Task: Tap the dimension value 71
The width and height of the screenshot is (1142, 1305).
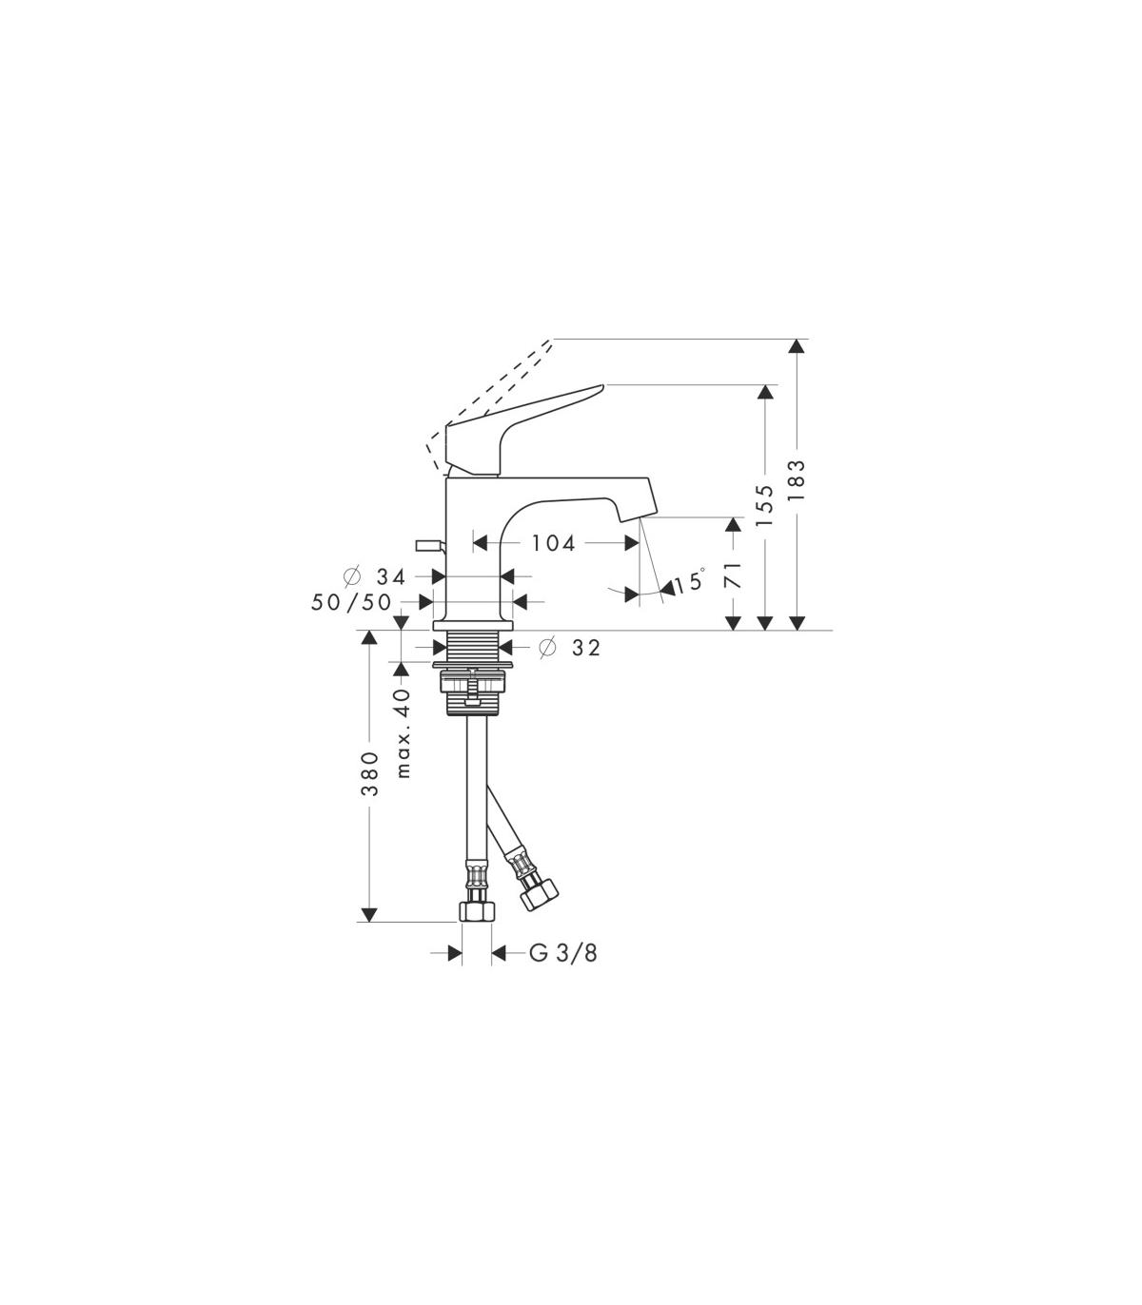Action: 734,576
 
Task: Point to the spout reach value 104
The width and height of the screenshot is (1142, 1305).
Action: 555,543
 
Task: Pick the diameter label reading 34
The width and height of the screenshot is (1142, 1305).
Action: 390,576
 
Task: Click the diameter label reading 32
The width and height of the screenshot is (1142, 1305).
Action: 586,648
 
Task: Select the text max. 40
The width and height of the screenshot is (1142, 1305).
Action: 404,732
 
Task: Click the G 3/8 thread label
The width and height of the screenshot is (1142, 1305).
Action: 563,971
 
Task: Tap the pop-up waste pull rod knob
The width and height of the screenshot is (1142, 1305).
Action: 429,545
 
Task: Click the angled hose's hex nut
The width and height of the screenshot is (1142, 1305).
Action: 540,892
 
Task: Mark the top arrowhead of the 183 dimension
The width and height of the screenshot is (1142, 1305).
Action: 797,345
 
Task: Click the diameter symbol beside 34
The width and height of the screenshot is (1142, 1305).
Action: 352,576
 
